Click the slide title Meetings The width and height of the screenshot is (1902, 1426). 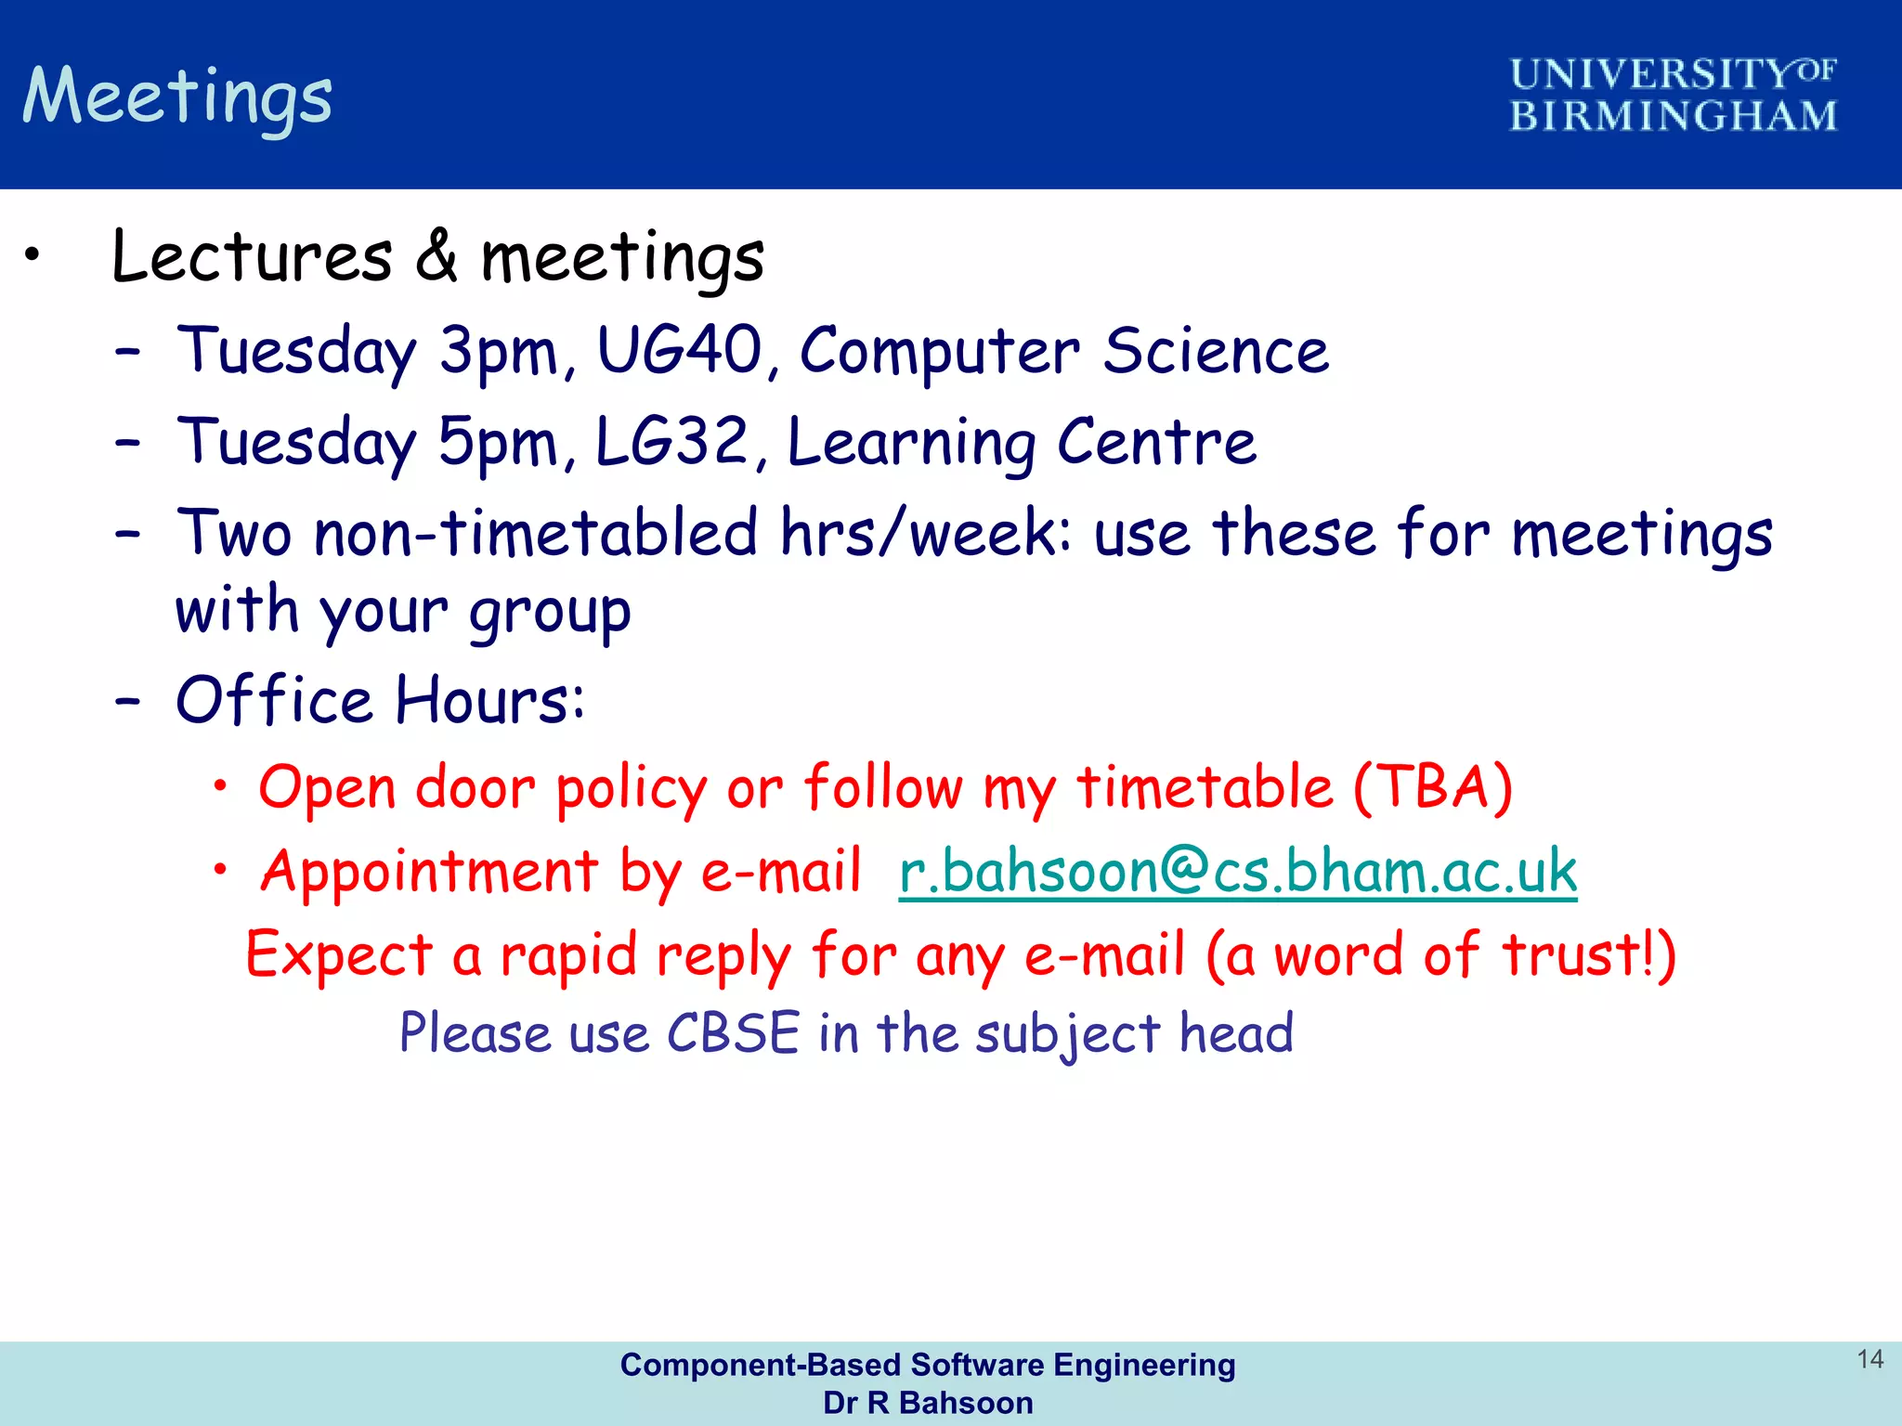click(x=177, y=97)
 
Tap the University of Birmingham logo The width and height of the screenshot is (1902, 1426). click(x=1672, y=95)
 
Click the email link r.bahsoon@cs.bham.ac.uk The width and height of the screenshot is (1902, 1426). click(x=1237, y=872)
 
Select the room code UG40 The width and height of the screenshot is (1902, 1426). click(x=679, y=351)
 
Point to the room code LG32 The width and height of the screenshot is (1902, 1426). click(x=671, y=442)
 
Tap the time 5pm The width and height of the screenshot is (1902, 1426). click(x=498, y=444)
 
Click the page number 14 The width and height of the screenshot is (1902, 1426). click(x=1869, y=1359)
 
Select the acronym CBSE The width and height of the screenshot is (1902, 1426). click(x=733, y=1032)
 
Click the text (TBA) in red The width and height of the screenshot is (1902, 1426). click(x=1432, y=787)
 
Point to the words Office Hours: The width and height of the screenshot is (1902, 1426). click(x=381, y=700)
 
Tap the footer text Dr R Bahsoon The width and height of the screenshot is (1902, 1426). click(x=927, y=1403)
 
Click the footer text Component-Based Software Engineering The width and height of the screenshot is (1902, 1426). click(x=927, y=1365)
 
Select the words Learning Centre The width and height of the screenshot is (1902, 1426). click(x=1022, y=443)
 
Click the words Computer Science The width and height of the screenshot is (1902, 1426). click(x=1064, y=352)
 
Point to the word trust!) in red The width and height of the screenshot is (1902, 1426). click(x=1589, y=954)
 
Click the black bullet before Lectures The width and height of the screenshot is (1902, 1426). click(x=33, y=254)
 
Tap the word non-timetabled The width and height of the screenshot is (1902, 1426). click(x=536, y=534)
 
